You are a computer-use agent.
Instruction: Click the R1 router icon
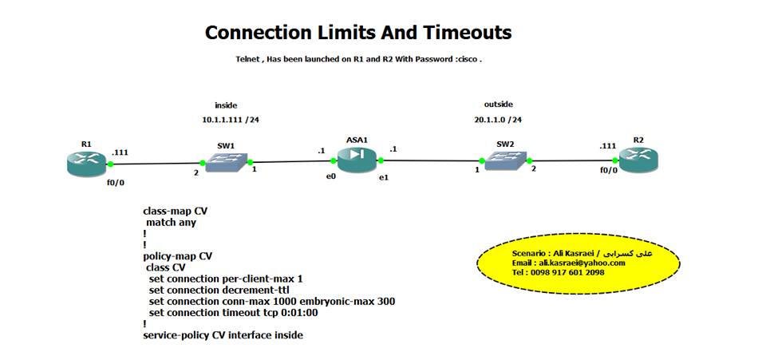[x=86, y=162]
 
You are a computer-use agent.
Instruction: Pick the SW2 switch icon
[x=504, y=158]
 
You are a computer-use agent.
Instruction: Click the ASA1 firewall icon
[x=356, y=158]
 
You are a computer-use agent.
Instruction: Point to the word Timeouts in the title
[x=467, y=33]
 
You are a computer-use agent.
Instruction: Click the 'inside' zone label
[x=226, y=105]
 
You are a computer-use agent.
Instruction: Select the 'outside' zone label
[x=498, y=105]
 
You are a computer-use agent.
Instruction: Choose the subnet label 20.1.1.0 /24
[x=498, y=120]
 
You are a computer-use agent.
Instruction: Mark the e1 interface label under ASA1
[x=384, y=176]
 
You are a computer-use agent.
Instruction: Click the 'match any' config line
[x=171, y=224]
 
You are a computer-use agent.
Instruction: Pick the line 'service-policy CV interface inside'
[x=223, y=335]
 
